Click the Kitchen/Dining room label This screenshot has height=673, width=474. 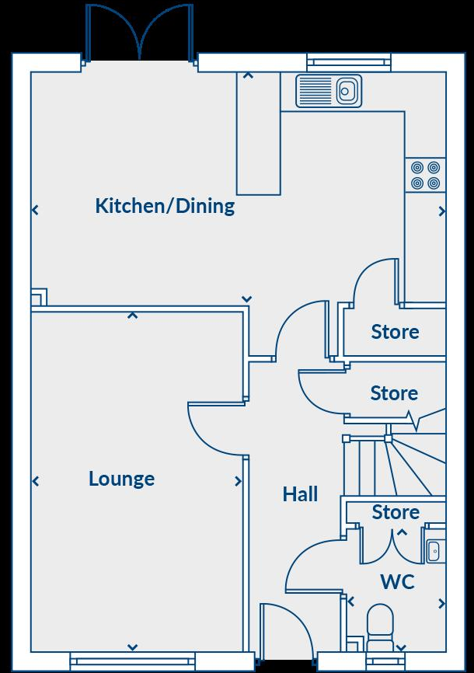[165, 206]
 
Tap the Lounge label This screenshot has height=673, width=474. [121, 479]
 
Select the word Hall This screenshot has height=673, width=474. [300, 494]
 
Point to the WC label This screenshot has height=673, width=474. [397, 581]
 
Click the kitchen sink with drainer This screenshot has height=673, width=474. [329, 91]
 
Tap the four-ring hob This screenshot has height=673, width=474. [425, 175]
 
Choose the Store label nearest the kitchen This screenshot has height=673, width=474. [395, 332]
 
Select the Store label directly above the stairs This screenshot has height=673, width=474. [394, 393]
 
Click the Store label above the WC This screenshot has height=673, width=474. [396, 512]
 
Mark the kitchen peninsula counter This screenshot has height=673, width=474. [258, 136]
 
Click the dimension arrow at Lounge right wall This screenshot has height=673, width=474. [238, 482]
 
